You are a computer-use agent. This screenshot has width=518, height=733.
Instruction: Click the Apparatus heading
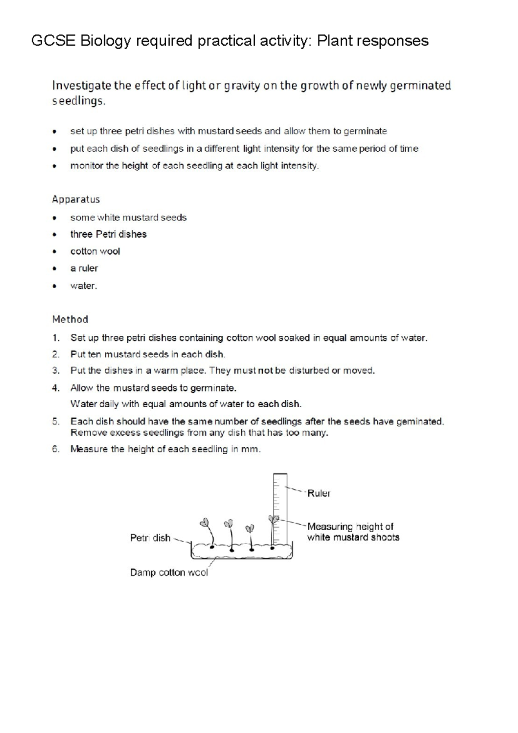76,199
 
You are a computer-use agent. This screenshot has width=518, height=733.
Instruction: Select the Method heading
70,319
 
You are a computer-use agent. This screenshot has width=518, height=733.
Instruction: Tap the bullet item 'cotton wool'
95,251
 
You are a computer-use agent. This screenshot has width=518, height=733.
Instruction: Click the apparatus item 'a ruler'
84,268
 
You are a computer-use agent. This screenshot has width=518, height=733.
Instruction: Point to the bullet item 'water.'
84,286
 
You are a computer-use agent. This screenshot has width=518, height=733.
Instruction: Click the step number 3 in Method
55,371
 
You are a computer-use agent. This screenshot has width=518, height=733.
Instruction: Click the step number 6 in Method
55,449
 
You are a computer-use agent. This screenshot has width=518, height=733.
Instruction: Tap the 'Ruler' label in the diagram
319,493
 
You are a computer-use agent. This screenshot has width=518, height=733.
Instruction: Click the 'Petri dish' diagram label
150,538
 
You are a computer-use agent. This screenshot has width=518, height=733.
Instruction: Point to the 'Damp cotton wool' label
169,573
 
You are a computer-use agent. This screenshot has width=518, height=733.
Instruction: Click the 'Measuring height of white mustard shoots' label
353,532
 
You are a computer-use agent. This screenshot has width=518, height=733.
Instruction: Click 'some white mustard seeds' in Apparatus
128,217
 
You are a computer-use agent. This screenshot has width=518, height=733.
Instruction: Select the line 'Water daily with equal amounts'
186,404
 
